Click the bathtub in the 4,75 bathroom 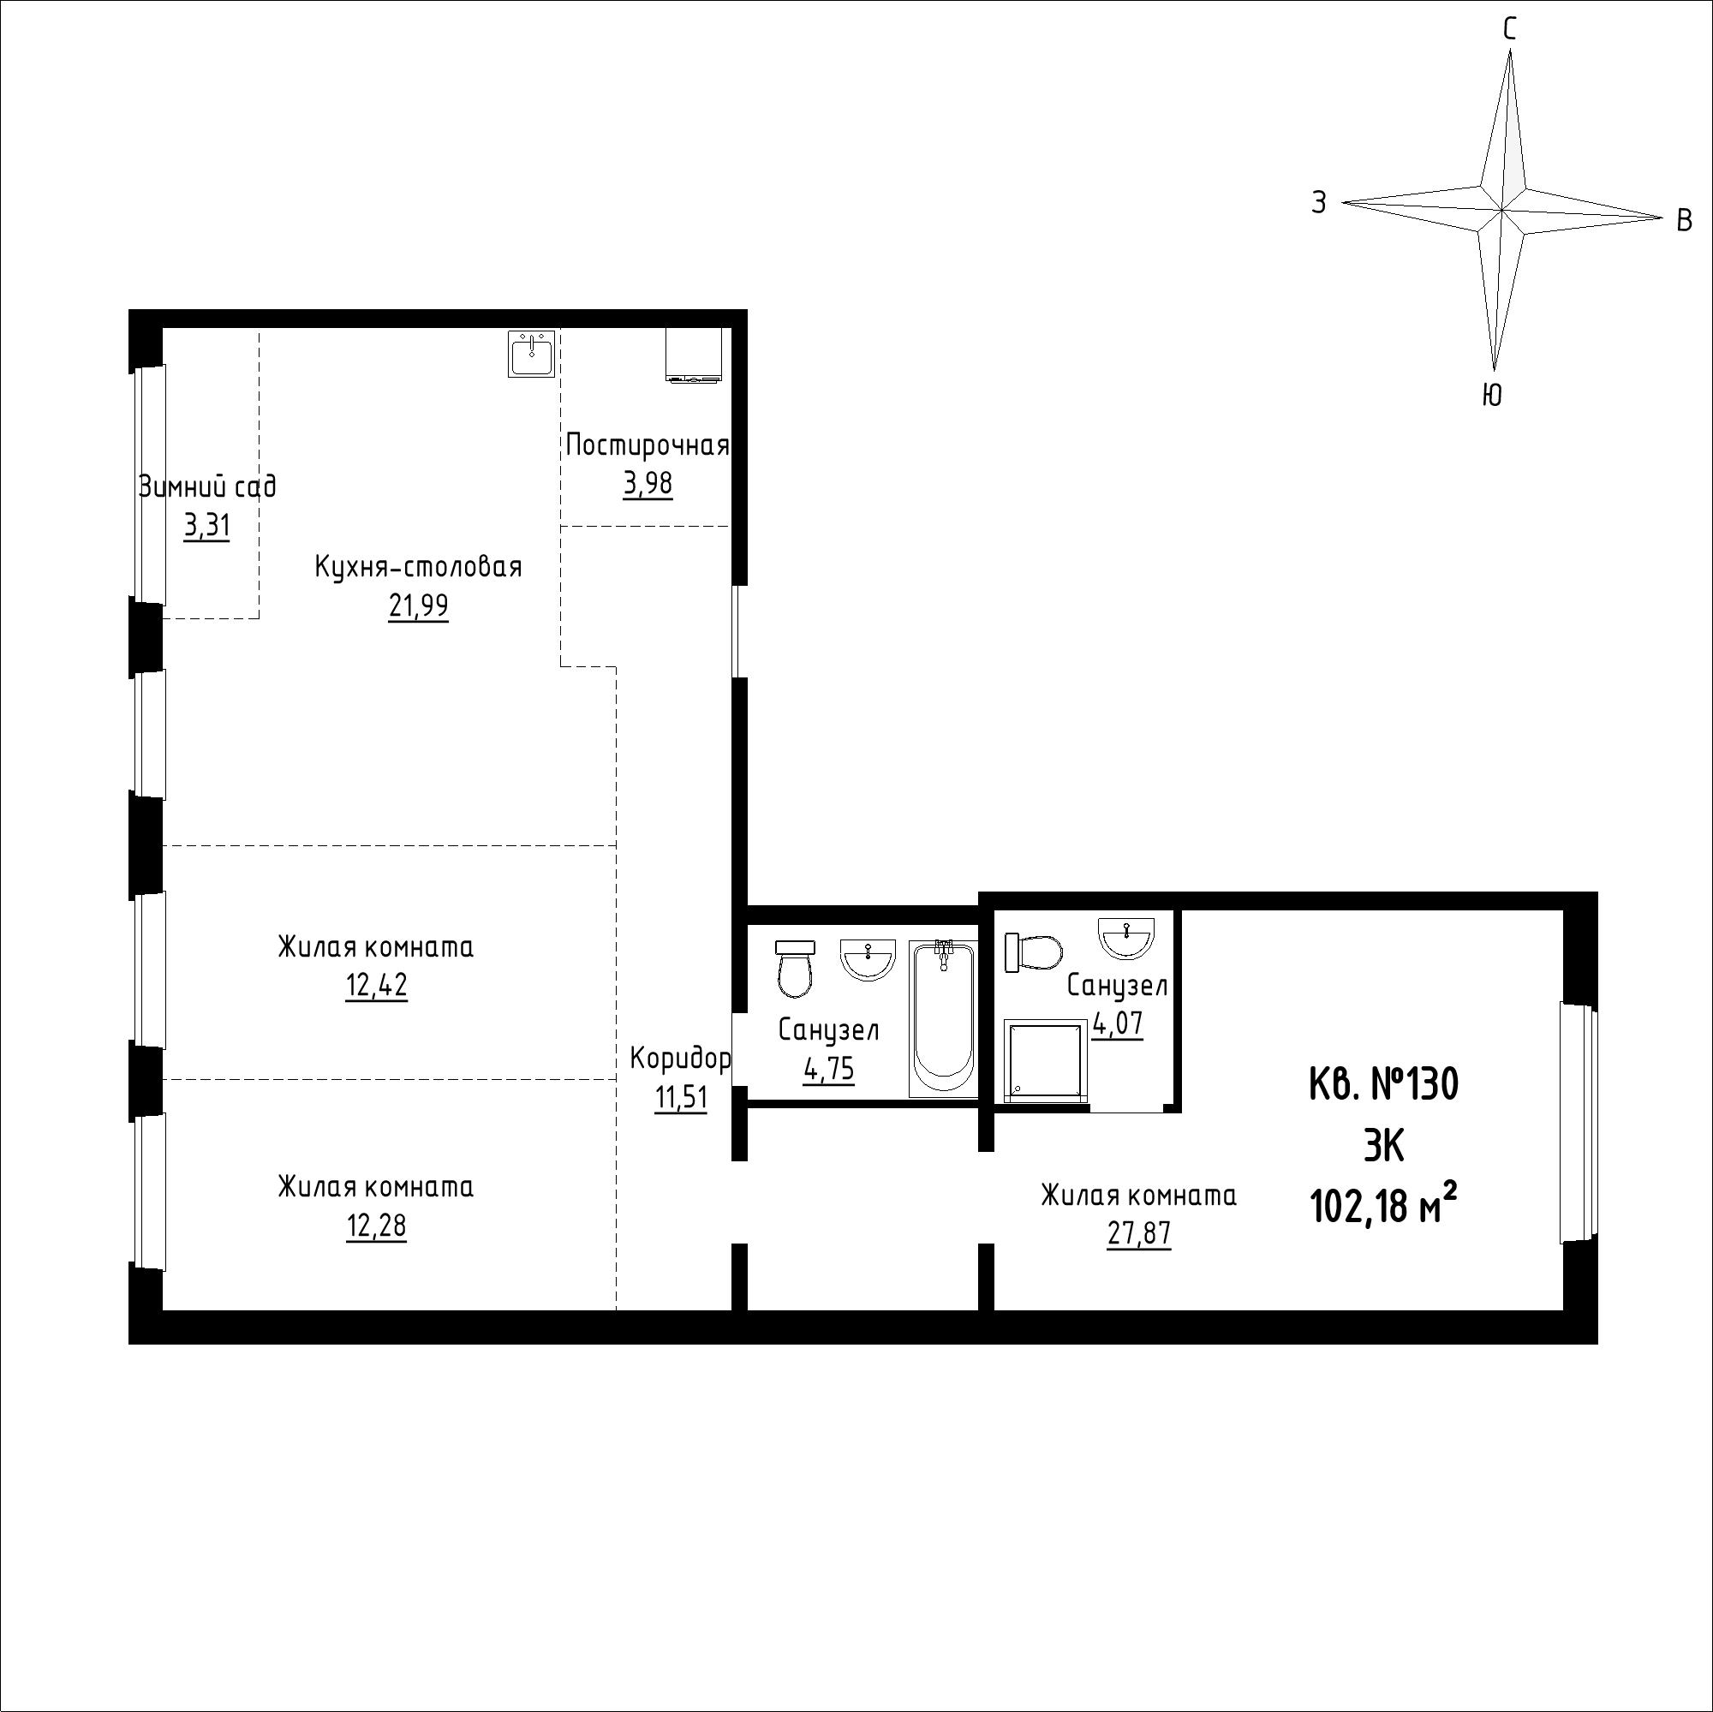pyautogui.click(x=943, y=1019)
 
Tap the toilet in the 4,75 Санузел pyautogui.click(x=794, y=968)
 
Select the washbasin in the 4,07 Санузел pyautogui.click(x=1126, y=938)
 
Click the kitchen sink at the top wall pyautogui.click(x=531, y=354)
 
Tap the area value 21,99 pyautogui.click(x=418, y=606)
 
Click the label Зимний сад pyautogui.click(x=207, y=486)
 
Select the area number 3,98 pyautogui.click(x=648, y=484)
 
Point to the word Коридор pyautogui.click(x=680, y=1058)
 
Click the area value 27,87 pyautogui.click(x=1138, y=1234)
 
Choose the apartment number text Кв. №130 pyautogui.click(x=1383, y=1083)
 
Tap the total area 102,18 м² pyautogui.click(x=1383, y=1206)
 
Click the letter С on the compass pyautogui.click(x=1510, y=29)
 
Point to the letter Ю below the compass pyautogui.click(x=1492, y=395)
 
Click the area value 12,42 pyautogui.click(x=377, y=986)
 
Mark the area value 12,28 pyautogui.click(x=377, y=1226)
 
